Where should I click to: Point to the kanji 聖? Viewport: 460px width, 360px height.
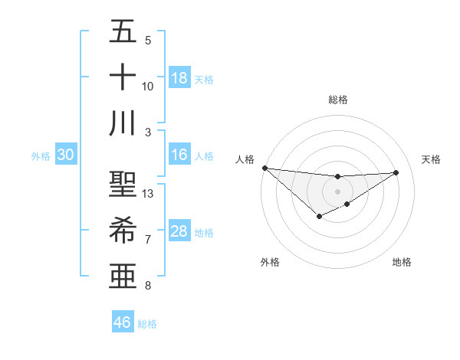tap(123, 185)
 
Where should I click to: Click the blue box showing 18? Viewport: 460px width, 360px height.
tap(179, 78)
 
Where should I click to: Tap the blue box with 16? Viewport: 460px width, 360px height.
tap(179, 155)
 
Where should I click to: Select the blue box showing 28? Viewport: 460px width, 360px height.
tap(179, 231)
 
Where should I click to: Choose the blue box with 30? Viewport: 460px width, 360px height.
tap(65, 155)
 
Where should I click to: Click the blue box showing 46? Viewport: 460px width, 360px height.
tap(123, 322)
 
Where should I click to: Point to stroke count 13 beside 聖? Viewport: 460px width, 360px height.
tap(148, 194)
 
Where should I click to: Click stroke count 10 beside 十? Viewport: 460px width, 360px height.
tap(148, 86)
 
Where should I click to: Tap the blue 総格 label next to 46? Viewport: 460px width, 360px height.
tap(148, 324)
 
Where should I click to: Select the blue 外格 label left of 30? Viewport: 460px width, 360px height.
tap(41, 156)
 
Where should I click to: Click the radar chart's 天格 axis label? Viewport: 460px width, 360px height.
tap(431, 159)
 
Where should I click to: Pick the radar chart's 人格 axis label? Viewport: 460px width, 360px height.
tap(245, 159)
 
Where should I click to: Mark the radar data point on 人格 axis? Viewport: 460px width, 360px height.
tap(264, 168)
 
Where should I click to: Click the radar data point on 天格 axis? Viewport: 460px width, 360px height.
tap(396, 172)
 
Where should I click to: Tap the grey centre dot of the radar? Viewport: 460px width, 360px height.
tap(337, 191)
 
